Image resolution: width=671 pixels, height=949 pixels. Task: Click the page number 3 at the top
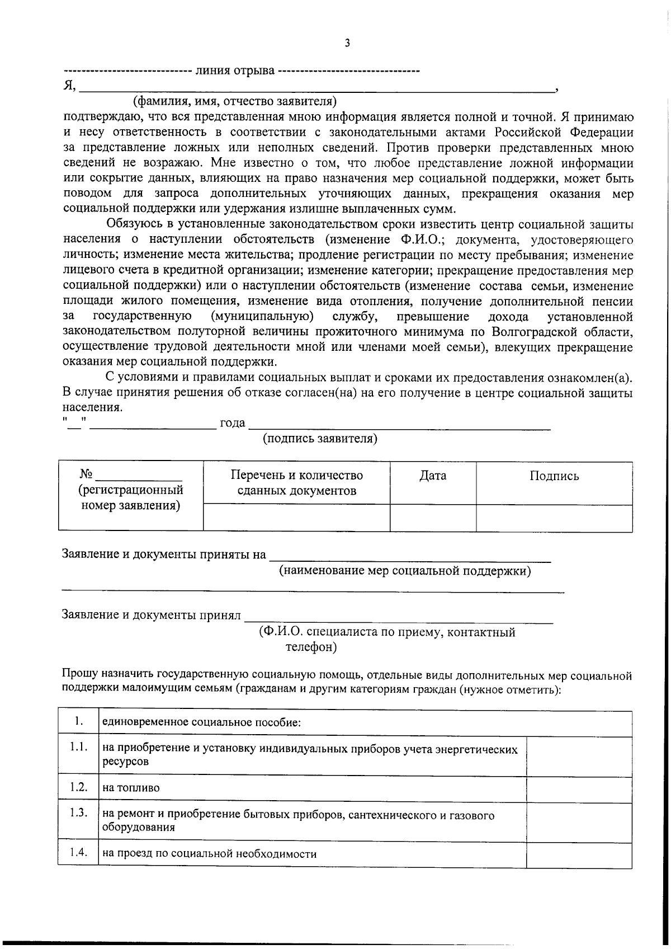click(x=347, y=43)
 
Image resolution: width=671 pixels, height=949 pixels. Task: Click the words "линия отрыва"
click(x=234, y=71)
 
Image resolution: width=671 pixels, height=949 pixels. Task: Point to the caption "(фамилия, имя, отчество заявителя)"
click(x=235, y=101)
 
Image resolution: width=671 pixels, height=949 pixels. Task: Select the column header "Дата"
click(x=433, y=476)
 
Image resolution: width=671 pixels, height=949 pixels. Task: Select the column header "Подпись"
click(x=554, y=476)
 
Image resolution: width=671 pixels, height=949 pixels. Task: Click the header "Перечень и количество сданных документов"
click(x=296, y=483)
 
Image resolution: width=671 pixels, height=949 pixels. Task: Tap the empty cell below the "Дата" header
click(x=433, y=518)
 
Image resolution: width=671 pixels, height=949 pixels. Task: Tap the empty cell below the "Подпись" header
click(x=554, y=518)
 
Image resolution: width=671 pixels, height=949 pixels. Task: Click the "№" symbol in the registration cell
click(x=86, y=474)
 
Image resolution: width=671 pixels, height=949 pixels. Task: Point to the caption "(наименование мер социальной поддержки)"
click(x=405, y=571)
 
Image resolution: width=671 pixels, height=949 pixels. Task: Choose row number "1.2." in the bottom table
click(x=78, y=787)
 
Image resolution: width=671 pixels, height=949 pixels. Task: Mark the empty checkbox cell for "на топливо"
click(x=579, y=788)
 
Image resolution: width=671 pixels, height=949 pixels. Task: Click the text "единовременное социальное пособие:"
click(x=201, y=722)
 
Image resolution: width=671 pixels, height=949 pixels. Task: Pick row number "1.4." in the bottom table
click(x=78, y=853)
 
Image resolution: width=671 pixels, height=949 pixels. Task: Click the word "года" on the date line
click(x=232, y=424)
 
